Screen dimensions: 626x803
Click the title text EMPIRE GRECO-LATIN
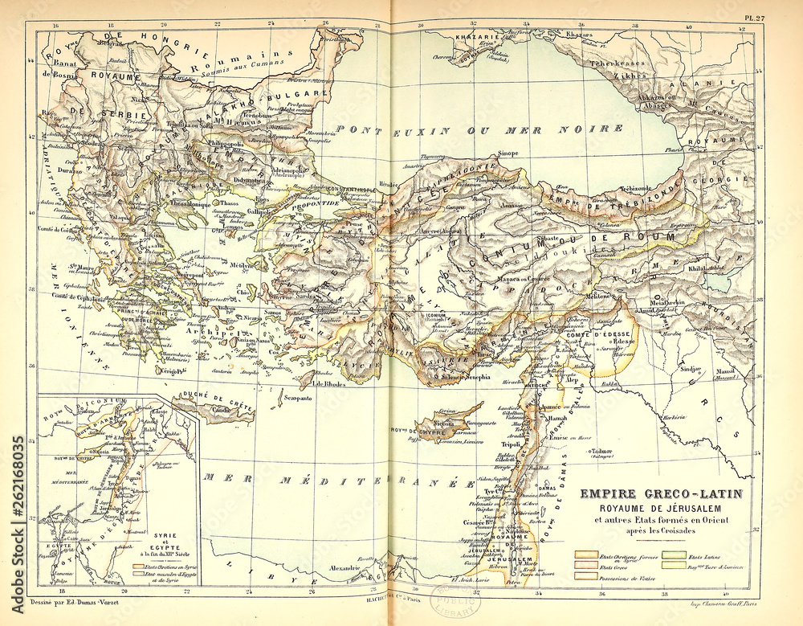[x=662, y=494]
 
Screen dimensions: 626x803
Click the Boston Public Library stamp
[x=454, y=600]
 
